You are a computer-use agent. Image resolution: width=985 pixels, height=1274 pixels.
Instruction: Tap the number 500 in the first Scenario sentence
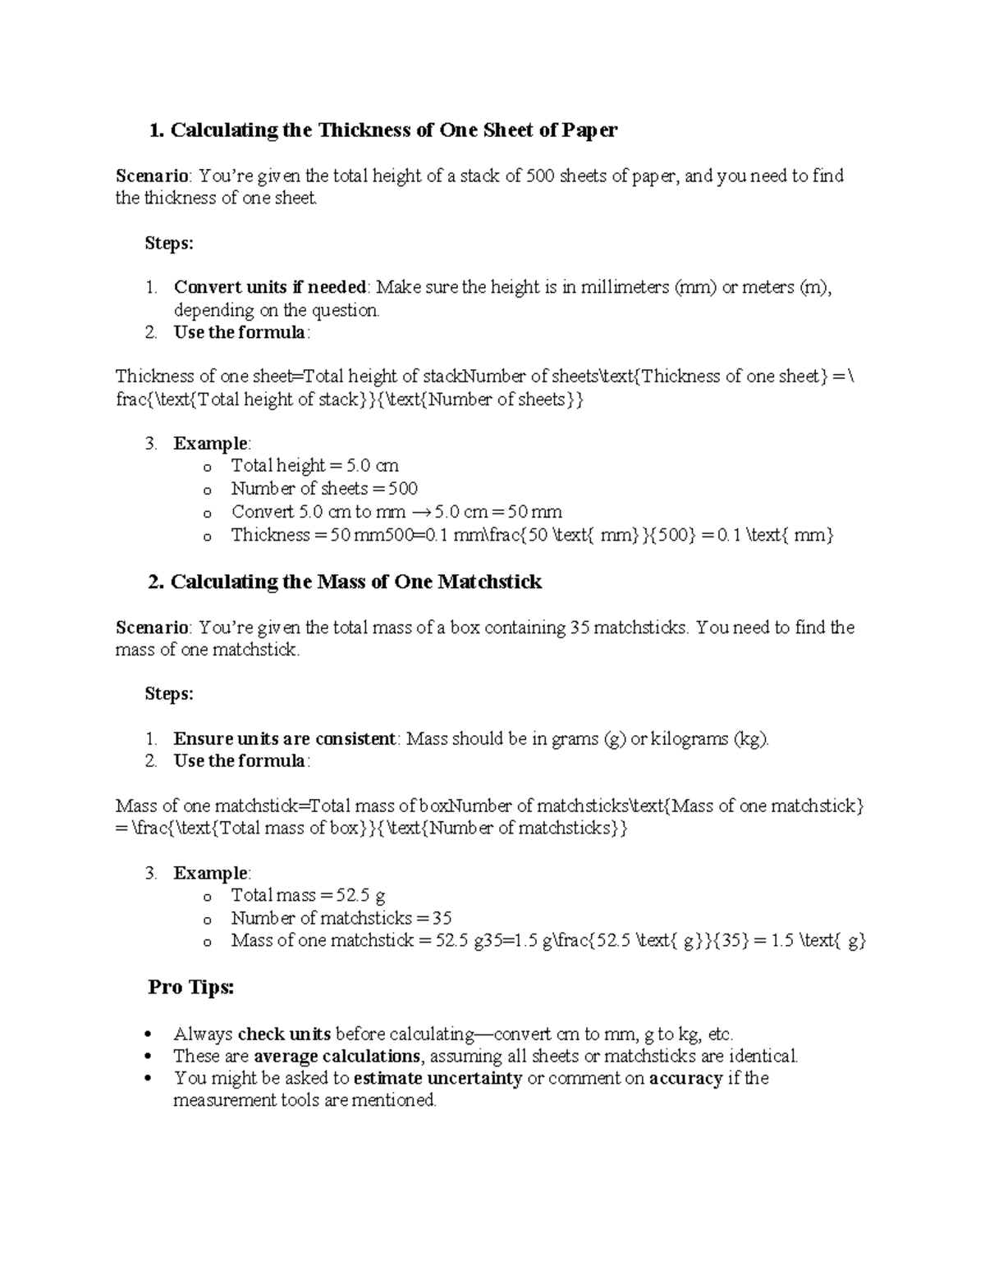click(x=540, y=176)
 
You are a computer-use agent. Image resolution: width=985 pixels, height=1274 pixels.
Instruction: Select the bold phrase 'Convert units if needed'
click(x=270, y=287)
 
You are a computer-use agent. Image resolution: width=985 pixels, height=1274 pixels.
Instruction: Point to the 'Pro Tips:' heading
click(x=191, y=987)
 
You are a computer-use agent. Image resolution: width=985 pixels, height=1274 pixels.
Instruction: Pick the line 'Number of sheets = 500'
click(x=324, y=489)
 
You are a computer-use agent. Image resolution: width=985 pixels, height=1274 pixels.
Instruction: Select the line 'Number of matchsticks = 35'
click(x=341, y=918)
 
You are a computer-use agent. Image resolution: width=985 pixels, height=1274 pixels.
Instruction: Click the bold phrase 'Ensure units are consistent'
click(x=285, y=738)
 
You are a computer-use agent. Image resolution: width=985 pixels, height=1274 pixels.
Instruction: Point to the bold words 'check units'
click(x=284, y=1034)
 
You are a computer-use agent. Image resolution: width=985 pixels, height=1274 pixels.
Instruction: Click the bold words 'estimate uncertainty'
click(x=438, y=1078)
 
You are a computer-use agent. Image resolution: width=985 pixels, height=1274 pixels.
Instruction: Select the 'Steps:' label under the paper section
click(x=169, y=243)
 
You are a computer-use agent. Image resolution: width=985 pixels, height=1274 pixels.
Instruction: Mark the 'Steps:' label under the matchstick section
click(x=169, y=694)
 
